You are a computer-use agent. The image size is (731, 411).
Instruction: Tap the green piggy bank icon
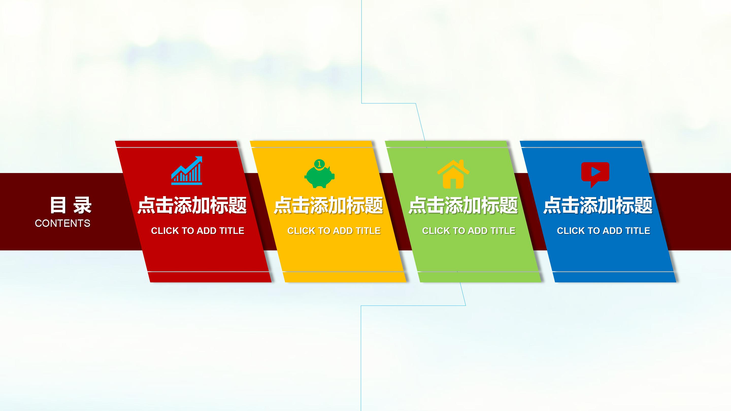click(x=319, y=176)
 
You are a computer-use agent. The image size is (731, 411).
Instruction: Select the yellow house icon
click(x=453, y=175)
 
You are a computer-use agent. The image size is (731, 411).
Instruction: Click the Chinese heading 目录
click(x=71, y=205)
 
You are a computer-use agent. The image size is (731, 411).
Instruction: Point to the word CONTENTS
click(x=62, y=224)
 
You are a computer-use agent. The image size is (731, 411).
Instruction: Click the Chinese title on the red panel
click(x=192, y=205)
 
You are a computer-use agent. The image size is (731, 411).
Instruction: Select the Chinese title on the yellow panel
click(x=328, y=205)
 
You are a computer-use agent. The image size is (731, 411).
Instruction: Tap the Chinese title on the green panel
click(x=463, y=205)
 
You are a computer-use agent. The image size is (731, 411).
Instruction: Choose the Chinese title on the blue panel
click(x=598, y=205)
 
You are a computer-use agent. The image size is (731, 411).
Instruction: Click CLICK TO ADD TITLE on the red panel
click(x=197, y=231)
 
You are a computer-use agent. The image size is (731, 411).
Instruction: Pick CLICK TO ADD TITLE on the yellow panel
click(x=334, y=231)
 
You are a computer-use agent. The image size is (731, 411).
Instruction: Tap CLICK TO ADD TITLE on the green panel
click(x=469, y=231)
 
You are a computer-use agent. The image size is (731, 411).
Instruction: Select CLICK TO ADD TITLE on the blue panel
click(x=603, y=231)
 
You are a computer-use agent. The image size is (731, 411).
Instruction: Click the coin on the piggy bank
click(x=319, y=164)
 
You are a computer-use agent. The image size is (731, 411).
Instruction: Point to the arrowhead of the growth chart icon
click(x=199, y=159)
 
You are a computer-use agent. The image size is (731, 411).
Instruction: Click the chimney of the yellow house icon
click(x=461, y=164)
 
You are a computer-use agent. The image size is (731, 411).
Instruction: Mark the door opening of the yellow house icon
click(x=453, y=183)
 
